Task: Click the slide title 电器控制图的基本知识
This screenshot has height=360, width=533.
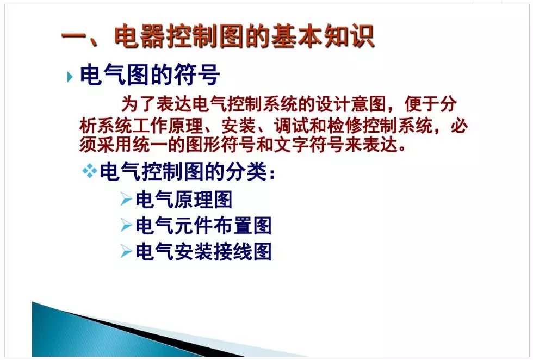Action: [x=244, y=36]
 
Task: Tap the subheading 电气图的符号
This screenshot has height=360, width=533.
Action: [x=150, y=75]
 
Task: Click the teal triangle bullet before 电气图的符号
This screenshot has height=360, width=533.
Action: [x=70, y=77]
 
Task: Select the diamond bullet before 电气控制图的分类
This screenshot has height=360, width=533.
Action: [x=90, y=171]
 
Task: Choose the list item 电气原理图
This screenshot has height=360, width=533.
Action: [x=184, y=200]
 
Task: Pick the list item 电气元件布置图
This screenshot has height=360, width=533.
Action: [x=203, y=226]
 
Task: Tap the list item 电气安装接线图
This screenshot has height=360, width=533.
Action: [x=203, y=252]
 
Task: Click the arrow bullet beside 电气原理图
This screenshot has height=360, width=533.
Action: [x=126, y=199]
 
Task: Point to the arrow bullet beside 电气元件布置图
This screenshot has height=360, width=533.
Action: [x=126, y=225]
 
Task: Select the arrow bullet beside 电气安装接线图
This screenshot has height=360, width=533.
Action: [x=126, y=252]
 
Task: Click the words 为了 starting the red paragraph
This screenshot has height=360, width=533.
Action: [x=139, y=104]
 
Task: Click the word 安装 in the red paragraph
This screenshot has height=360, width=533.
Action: [x=238, y=126]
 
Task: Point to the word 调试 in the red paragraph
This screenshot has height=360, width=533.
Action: [x=292, y=126]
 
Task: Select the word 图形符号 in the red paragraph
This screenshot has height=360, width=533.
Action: [x=221, y=145]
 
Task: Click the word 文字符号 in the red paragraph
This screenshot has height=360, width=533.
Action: [x=308, y=145]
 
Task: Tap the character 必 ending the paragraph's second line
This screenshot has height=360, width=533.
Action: [x=460, y=126]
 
